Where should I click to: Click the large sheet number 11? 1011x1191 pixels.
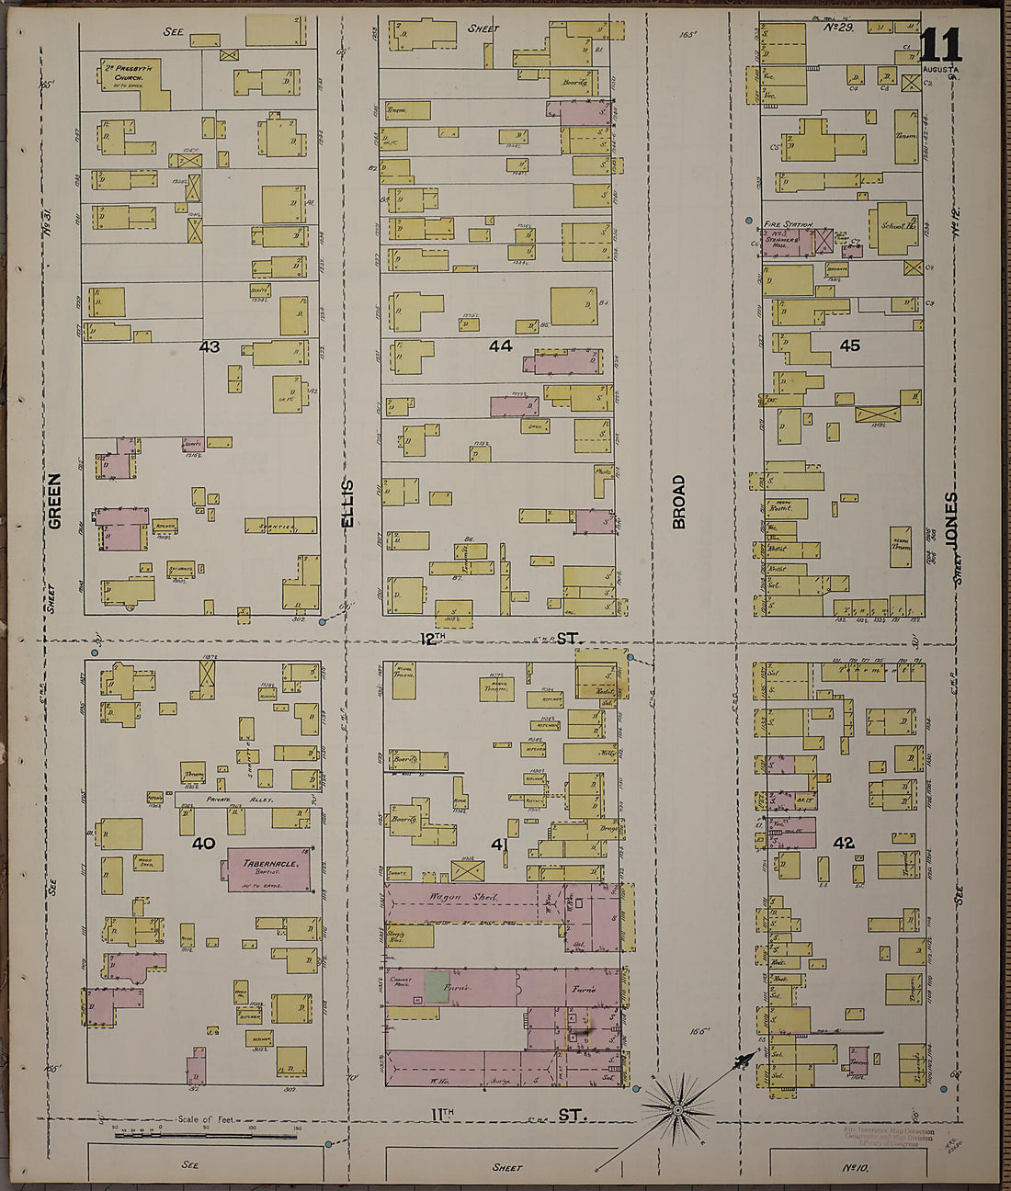940,44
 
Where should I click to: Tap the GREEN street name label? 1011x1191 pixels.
54,501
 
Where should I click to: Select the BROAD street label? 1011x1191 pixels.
678,502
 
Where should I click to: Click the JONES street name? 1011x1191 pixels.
950,520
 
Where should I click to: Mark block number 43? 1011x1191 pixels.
210,346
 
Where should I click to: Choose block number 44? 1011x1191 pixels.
500,346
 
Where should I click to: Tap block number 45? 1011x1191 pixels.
849,346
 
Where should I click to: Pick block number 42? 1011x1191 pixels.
844,842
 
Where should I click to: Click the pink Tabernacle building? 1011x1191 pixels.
270,868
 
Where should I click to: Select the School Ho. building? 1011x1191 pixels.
893,229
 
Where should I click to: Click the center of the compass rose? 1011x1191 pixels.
677,1109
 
